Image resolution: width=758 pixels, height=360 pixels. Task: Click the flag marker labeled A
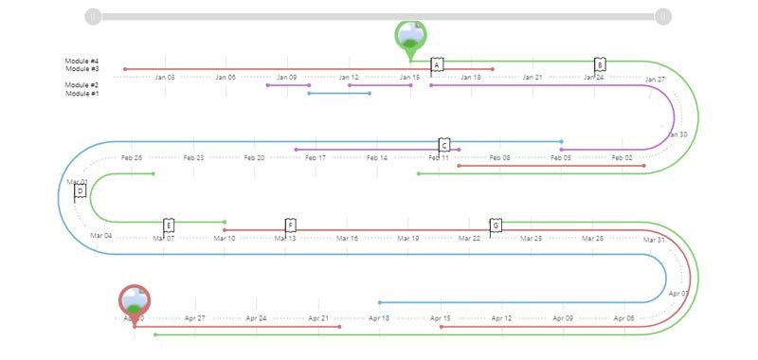point(437,64)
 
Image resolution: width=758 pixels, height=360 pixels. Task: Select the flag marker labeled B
point(600,64)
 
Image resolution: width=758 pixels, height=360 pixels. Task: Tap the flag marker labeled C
point(444,145)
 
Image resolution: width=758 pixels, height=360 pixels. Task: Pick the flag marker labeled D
point(80,191)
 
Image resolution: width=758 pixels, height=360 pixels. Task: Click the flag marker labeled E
point(169,225)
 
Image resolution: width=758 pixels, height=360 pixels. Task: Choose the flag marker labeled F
point(291,225)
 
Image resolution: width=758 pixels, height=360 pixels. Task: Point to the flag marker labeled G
point(496,225)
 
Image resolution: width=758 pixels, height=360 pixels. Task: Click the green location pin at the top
point(410,35)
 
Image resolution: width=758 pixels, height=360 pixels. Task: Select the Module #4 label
point(82,62)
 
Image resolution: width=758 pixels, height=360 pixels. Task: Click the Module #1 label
point(82,93)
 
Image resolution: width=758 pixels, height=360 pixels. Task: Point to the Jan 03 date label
point(165,78)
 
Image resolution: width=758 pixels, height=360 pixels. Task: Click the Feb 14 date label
point(376,158)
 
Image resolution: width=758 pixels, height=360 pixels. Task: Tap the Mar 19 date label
point(409,239)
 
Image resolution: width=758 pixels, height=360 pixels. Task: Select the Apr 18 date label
point(379,319)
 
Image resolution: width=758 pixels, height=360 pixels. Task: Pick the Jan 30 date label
point(677,135)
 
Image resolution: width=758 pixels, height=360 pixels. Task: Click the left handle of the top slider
point(93,16)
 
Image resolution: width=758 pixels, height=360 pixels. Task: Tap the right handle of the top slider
point(663,16)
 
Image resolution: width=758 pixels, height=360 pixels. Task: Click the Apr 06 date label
point(623,319)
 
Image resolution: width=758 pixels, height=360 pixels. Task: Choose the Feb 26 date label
point(132,158)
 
